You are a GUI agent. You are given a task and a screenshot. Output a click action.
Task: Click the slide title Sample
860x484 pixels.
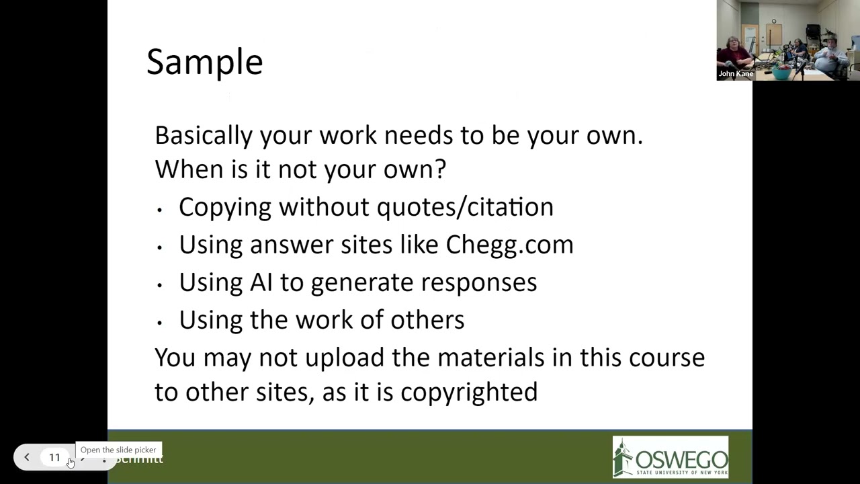(x=204, y=62)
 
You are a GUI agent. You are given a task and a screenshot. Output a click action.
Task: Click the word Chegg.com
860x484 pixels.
(x=509, y=245)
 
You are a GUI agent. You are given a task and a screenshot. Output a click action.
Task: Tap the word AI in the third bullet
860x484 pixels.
(x=261, y=282)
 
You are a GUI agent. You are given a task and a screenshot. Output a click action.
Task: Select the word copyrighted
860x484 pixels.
(x=468, y=393)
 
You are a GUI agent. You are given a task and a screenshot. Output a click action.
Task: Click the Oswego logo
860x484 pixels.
(x=670, y=457)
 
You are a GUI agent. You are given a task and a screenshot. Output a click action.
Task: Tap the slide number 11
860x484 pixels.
(x=54, y=458)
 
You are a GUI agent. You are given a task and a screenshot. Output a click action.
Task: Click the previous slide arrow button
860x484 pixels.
(x=27, y=458)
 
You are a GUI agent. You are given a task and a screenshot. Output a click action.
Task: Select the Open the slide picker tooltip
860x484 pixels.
(x=118, y=450)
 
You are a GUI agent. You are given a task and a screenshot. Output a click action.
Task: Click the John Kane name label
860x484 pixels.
(x=736, y=74)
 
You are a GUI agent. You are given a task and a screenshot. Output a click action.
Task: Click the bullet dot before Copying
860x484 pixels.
(x=160, y=210)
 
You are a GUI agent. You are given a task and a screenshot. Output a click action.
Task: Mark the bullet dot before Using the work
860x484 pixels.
(x=160, y=323)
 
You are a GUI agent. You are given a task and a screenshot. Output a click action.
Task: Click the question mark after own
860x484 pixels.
(x=441, y=169)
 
